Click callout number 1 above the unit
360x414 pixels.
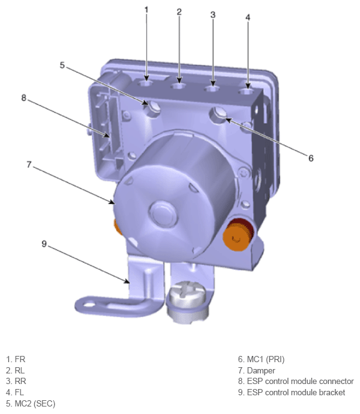coord(146,9)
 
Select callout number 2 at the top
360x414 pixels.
coord(179,11)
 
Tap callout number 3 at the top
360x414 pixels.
coord(212,14)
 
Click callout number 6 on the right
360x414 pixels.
coord(311,158)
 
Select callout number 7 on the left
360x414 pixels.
coord(29,165)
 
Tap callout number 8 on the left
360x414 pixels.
coord(24,97)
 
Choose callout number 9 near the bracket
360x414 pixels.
coord(44,244)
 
